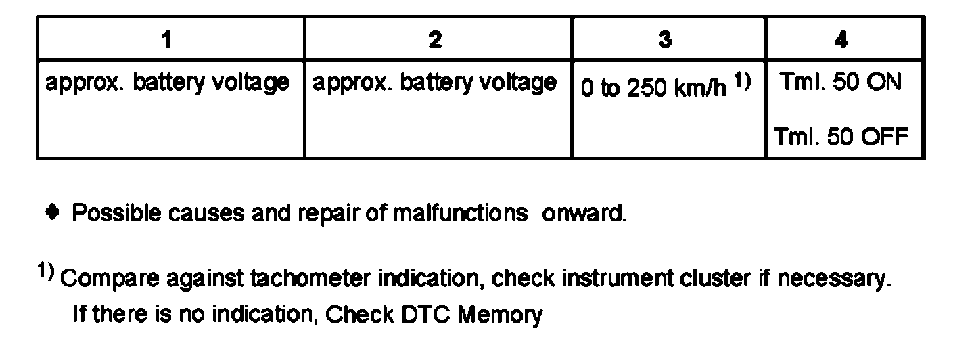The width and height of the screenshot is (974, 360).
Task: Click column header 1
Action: click(166, 40)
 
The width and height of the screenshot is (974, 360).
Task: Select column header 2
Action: click(436, 40)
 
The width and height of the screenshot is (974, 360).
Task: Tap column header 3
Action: click(666, 40)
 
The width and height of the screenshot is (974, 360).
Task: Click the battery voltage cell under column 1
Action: click(167, 83)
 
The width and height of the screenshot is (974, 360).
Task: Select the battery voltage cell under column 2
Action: click(434, 83)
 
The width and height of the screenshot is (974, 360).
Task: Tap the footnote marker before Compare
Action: click(46, 271)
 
